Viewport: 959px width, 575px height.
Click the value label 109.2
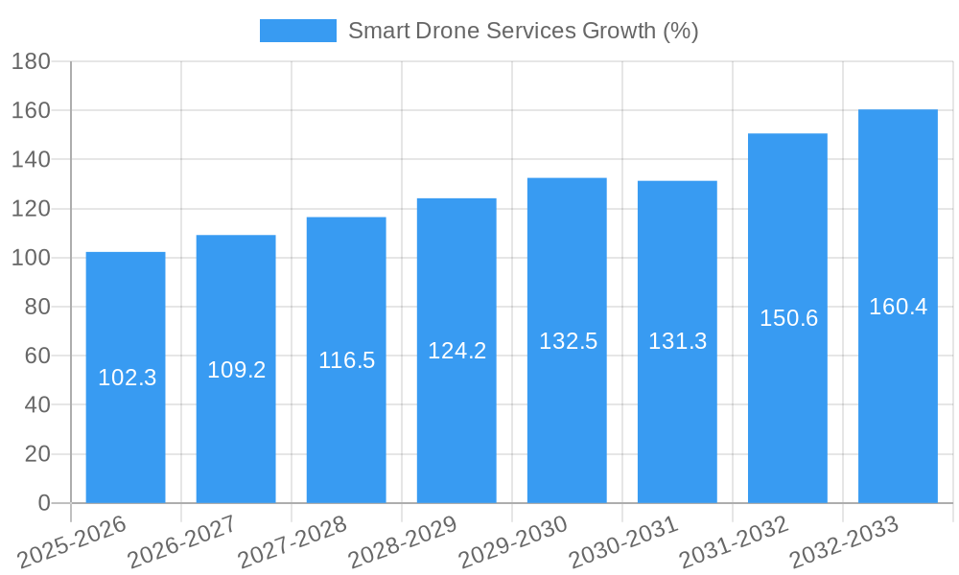(236, 370)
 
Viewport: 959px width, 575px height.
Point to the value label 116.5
(346, 360)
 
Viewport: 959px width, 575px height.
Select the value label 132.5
(568, 341)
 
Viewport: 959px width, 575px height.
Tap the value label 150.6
(788, 318)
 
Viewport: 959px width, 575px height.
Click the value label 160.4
(898, 307)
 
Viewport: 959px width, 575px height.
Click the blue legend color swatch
(297, 31)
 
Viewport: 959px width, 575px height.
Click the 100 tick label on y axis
(30, 258)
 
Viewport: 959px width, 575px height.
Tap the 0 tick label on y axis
(43, 503)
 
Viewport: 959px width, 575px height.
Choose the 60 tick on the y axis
(36, 356)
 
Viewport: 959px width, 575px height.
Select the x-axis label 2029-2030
(513, 541)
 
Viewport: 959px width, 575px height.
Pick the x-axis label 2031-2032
(734, 541)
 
